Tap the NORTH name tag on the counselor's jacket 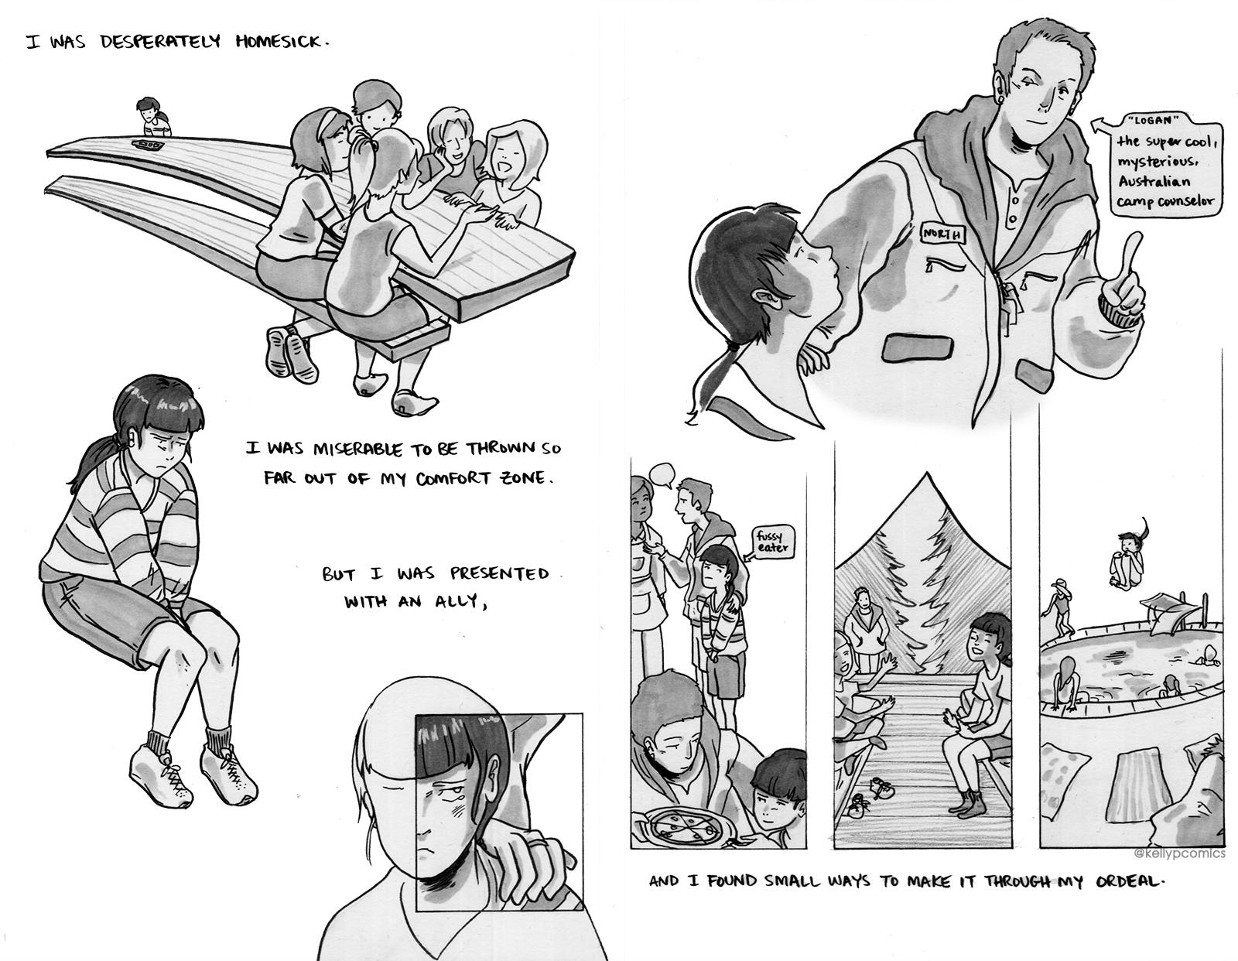(x=942, y=234)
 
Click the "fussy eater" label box (x=771, y=542)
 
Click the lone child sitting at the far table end (x=152, y=118)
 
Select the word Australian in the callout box (x=1153, y=182)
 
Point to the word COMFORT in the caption (x=453, y=478)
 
